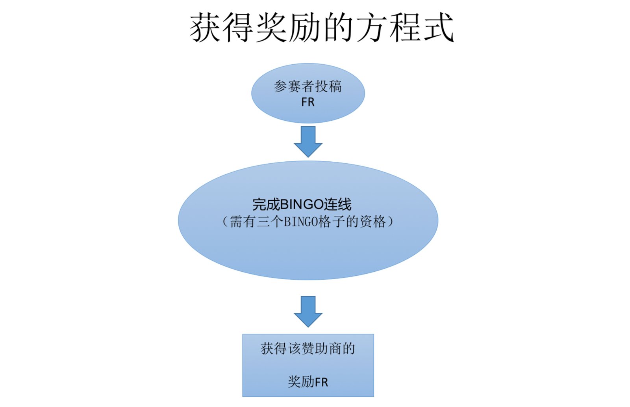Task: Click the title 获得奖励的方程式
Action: [x=322, y=28]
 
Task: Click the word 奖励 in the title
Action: [x=288, y=28]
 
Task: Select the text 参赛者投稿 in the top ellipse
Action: [x=308, y=86]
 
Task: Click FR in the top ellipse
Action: [x=308, y=102]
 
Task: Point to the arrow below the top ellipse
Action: [x=308, y=141]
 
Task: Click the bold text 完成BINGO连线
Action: [x=302, y=204]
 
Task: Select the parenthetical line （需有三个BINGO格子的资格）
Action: [x=308, y=222]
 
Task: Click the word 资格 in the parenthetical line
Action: [x=373, y=222]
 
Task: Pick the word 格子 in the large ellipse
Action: [x=332, y=222]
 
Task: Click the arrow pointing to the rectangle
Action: [x=308, y=311]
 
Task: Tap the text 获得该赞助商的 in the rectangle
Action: [x=308, y=349]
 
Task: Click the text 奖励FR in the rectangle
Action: [x=308, y=382]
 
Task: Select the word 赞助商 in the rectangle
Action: [x=321, y=349]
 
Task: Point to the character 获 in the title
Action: [x=206, y=28]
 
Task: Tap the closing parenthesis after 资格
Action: [x=391, y=222]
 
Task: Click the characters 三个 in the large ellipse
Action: [x=270, y=222]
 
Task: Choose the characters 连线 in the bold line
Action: [x=338, y=204]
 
